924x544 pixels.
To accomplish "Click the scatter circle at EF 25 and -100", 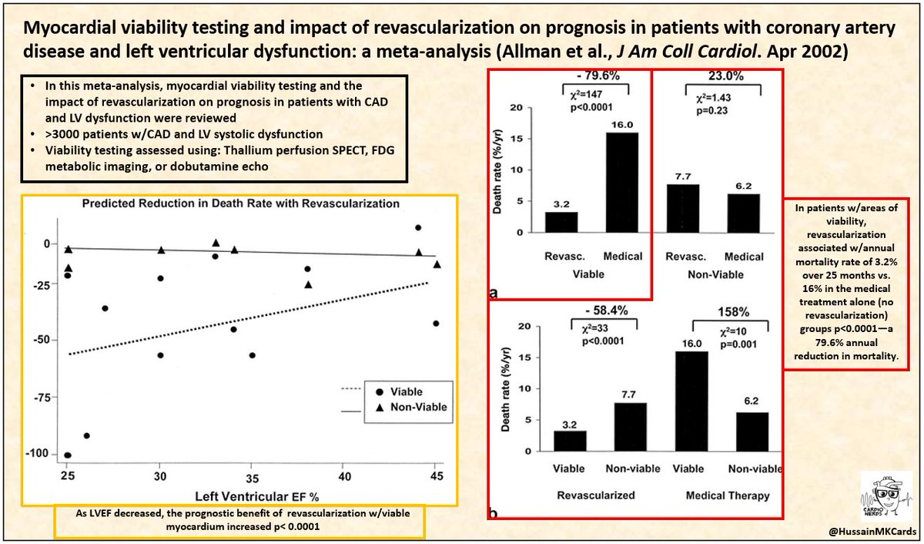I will coord(68,455).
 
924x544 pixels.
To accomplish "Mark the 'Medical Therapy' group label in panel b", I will coord(728,496).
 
